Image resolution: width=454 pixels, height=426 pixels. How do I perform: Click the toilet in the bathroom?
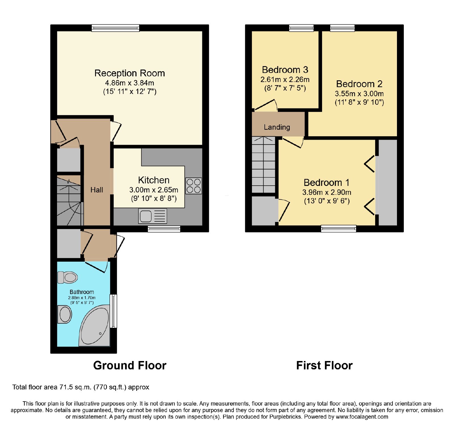coord(68,277)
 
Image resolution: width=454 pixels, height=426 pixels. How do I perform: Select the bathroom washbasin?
coord(65,314)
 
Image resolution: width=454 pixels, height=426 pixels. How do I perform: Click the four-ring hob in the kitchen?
coord(194,186)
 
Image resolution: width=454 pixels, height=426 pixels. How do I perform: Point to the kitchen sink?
coord(153,216)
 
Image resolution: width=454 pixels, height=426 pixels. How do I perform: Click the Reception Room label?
coord(130,73)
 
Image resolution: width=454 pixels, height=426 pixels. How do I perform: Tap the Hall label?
coord(97,190)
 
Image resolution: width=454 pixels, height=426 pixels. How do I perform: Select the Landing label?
coord(277,127)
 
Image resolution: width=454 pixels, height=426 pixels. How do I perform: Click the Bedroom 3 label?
coord(285,70)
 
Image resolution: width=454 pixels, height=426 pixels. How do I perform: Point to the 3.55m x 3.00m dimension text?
coord(359,94)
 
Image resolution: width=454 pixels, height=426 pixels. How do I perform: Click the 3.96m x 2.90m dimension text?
coord(327,192)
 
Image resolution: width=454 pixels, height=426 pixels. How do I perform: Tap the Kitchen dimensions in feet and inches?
coord(154,198)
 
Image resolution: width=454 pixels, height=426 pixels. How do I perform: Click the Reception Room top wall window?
coord(115,28)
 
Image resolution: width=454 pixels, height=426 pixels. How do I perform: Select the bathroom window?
coord(113,311)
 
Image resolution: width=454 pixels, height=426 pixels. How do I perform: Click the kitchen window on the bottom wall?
coord(164,229)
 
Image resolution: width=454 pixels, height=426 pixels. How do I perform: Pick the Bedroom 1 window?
coord(339,228)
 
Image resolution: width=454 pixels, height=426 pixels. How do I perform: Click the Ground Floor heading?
coord(130,366)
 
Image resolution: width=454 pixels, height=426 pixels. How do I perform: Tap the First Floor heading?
coord(324,366)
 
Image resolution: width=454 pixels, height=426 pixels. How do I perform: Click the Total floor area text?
coord(81,387)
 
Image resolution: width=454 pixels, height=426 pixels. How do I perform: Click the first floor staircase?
coord(264,165)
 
